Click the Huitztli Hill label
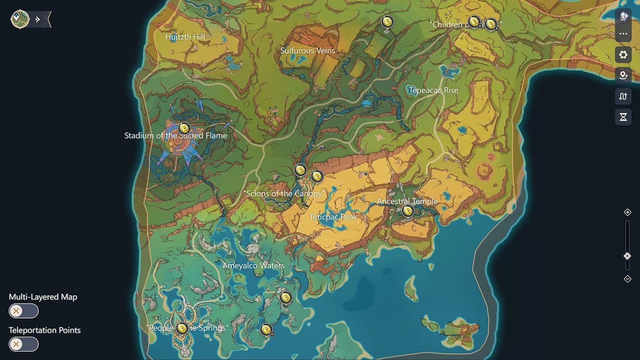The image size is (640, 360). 185,37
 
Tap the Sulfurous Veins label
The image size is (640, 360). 307,51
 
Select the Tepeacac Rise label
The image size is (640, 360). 433,90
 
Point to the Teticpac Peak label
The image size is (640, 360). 333,217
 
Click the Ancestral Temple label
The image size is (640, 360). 407,201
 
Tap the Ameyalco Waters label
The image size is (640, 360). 253,266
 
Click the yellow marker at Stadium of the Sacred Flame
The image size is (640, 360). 184,128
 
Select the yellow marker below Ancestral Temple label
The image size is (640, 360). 408,210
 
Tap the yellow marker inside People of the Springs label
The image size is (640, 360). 182,328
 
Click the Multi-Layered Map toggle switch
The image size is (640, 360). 24,311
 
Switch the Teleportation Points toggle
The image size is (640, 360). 24,344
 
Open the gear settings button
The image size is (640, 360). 623,55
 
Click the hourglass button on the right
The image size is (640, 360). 623,117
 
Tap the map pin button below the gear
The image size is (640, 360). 623,76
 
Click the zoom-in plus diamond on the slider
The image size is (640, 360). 627,212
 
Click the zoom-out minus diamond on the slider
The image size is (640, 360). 627,279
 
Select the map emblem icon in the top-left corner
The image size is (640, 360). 20,19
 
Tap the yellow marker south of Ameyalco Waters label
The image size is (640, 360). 286,298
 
